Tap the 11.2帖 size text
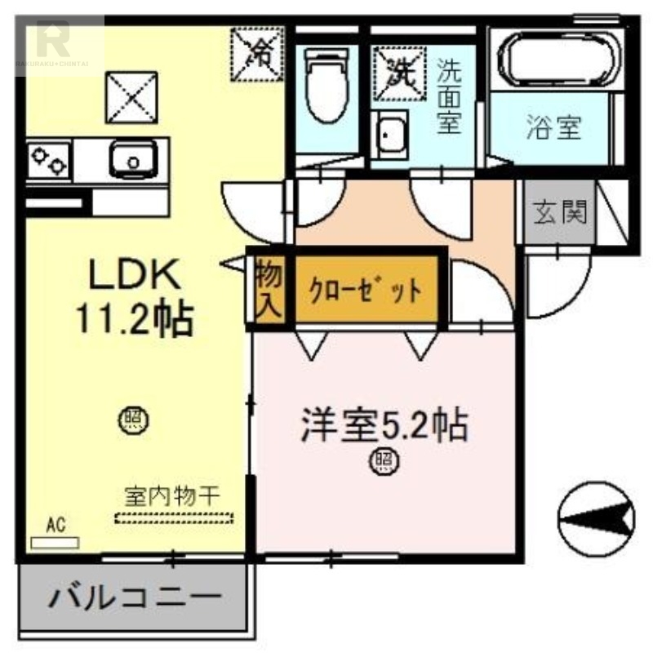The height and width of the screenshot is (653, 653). [134, 318]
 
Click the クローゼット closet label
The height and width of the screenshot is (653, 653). [365, 289]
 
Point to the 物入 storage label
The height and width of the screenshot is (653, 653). [268, 289]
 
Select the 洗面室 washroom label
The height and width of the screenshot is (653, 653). [448, 97]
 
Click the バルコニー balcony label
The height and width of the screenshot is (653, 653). [135, 601]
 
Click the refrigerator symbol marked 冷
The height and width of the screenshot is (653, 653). [258, 53]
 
